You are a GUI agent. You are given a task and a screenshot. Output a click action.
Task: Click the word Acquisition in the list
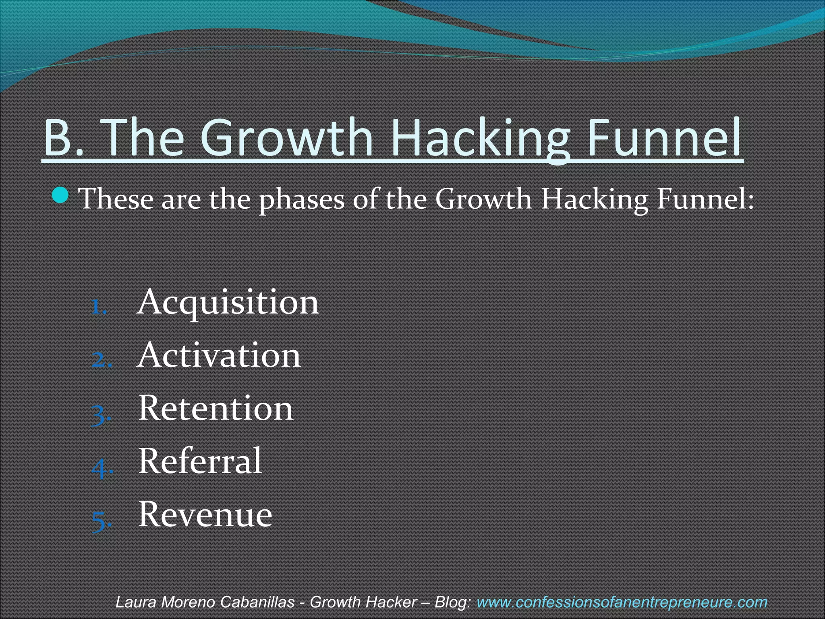[228, 302]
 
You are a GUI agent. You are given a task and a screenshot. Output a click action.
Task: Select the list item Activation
[219, 355]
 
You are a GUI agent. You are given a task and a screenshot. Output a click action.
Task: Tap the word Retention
[216, 408]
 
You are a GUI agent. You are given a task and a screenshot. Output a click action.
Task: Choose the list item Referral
[200, 461]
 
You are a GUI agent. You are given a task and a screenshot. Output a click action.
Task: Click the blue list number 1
[98, 308]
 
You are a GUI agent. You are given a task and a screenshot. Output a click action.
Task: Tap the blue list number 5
[100, 521]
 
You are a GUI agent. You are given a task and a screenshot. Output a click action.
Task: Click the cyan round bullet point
[61, 195]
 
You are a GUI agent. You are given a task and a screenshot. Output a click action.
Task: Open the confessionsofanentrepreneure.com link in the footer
[622, 602]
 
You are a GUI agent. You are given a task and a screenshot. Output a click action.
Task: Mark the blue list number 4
[100, 468]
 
